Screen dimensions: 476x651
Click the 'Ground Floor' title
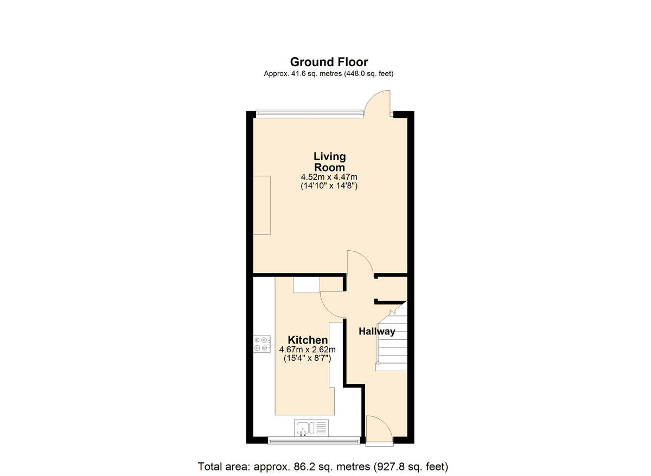tap(329, 62)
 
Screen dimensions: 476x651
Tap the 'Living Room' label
tap(329, 162)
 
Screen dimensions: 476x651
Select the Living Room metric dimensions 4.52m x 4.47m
tap(329, 177)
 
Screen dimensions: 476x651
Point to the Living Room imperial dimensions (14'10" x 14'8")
tap(329, 186)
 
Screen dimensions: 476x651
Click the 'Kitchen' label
tap(308, 340)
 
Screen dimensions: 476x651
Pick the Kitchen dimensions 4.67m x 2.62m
tap(308, 350)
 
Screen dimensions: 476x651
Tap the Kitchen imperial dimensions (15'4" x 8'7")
tap(308, 358)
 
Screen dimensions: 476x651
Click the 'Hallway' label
tap(377, 331)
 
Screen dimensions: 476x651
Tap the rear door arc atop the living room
tap(378, 103)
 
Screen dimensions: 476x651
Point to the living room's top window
tap(309, 113)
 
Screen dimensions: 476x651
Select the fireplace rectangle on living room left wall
tap(262, 205)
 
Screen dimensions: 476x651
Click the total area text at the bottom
tap(323, 466)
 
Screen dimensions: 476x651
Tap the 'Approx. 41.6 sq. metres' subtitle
tap(329, 74)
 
